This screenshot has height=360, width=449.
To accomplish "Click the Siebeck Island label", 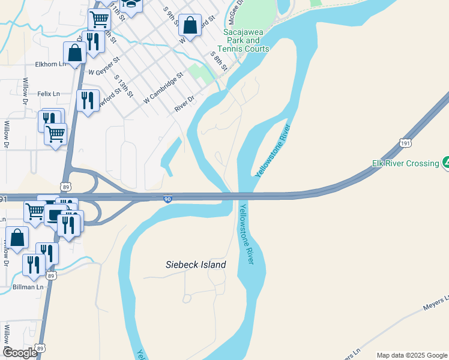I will pos(196,265).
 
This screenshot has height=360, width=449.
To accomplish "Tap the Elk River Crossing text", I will pos(405,163).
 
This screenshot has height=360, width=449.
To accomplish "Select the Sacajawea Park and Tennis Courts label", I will pos(246,40).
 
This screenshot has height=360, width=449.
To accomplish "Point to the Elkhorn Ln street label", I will pos(50,64).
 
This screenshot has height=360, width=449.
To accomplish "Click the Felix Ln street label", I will pos(49,94).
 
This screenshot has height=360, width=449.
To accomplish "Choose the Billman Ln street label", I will pos(28,287).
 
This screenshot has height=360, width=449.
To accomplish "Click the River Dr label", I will pos(185,103).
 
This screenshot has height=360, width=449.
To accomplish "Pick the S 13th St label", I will pos(125,89).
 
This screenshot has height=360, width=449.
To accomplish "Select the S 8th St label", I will pos(218,61).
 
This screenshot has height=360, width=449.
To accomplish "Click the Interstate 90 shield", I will pos(168,199).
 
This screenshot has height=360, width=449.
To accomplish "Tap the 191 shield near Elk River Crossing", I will pos(405,143).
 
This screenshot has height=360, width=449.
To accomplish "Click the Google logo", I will pos(20,353).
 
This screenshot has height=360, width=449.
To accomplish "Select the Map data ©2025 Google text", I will pos(411,355).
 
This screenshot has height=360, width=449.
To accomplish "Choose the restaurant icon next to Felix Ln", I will pos(88,100).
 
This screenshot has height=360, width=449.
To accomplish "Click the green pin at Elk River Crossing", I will pos(445,162).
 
